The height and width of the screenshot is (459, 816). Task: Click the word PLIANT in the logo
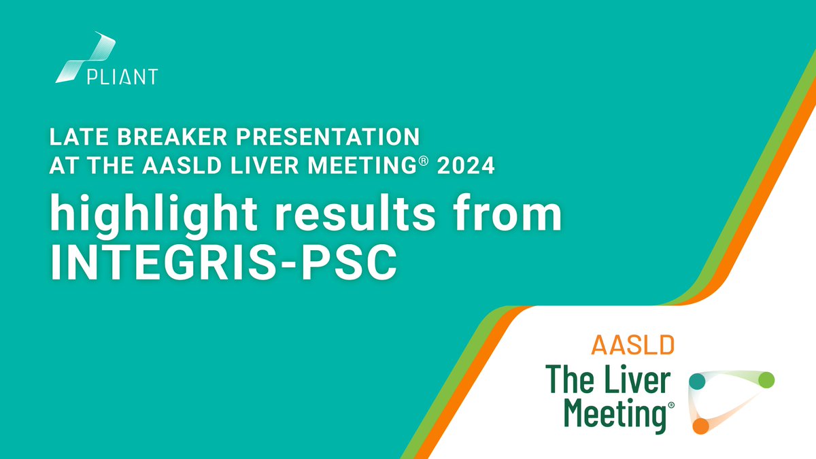coord(122,75)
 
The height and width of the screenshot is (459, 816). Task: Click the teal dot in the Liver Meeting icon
coord(697,381)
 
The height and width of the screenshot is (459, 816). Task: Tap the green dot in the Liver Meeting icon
coord(766,379)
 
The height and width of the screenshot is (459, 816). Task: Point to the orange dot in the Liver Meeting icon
coord(701,426)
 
